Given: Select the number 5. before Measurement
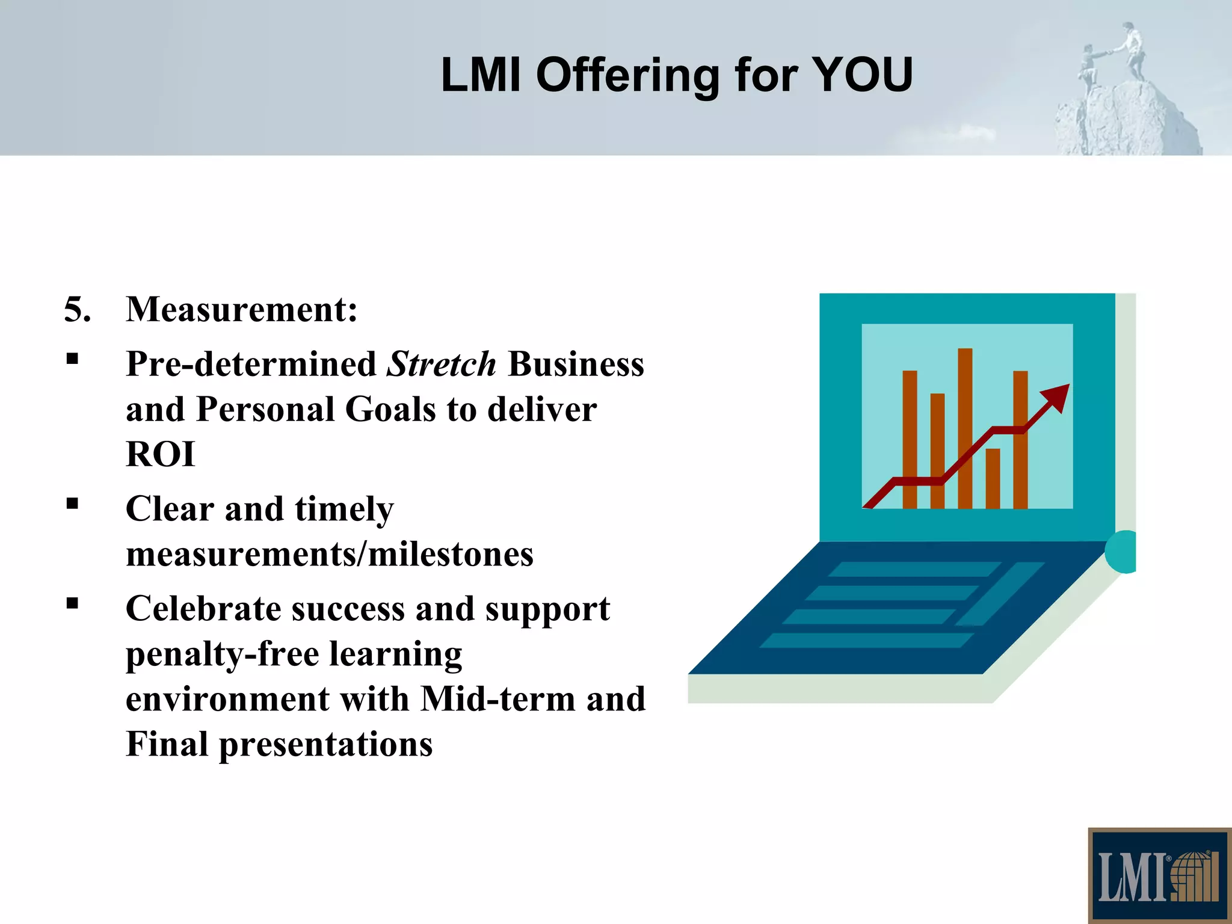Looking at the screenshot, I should [77, 310].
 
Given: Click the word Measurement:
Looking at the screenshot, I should [242, 310].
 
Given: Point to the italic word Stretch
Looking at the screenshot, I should [441, 364].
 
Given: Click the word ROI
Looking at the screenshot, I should [161, 454].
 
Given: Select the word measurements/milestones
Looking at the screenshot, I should [330, 554].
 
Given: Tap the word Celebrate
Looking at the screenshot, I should [203, 609].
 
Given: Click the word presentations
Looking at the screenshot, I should [325, 745].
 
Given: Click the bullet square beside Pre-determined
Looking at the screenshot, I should [73, 360].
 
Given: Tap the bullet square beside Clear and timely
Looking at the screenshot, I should [73, 504].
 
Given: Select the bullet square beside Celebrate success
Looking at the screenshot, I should [73, 603].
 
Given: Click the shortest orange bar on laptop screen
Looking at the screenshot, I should [993, 478].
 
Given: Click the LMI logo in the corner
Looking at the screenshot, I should [1159, 876].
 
